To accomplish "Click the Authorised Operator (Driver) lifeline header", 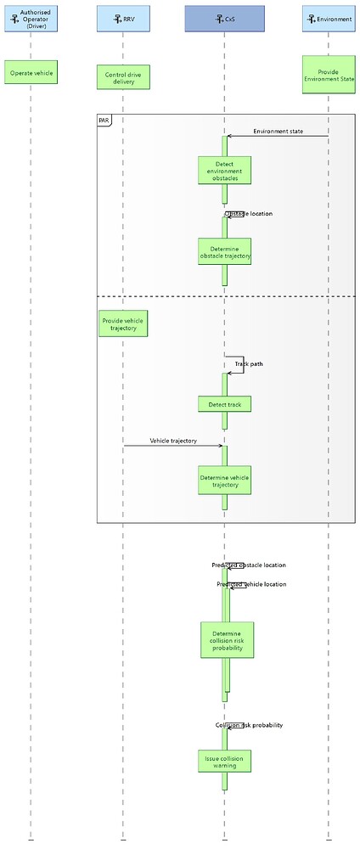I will (31, 19).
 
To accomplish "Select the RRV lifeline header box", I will (122, 19).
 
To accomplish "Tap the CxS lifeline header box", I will (224, 19).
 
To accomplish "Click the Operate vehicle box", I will (31, 74).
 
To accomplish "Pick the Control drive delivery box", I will (122, 78).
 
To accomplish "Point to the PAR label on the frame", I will (104, 121).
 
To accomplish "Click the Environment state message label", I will (278, 131).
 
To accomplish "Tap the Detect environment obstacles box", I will (225, 171).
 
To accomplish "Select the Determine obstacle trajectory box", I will (225, 251).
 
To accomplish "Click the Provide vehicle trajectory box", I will (123, 323).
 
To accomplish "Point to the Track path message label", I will (249, 364).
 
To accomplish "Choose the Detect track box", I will (225, 404).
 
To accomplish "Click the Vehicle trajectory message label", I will (173, 441).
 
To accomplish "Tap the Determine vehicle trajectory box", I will (225, 481).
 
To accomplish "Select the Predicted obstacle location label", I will (249, 565).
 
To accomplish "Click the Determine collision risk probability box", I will (227, 639).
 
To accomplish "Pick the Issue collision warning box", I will (225, 760).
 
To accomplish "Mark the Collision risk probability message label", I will (248, 725).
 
